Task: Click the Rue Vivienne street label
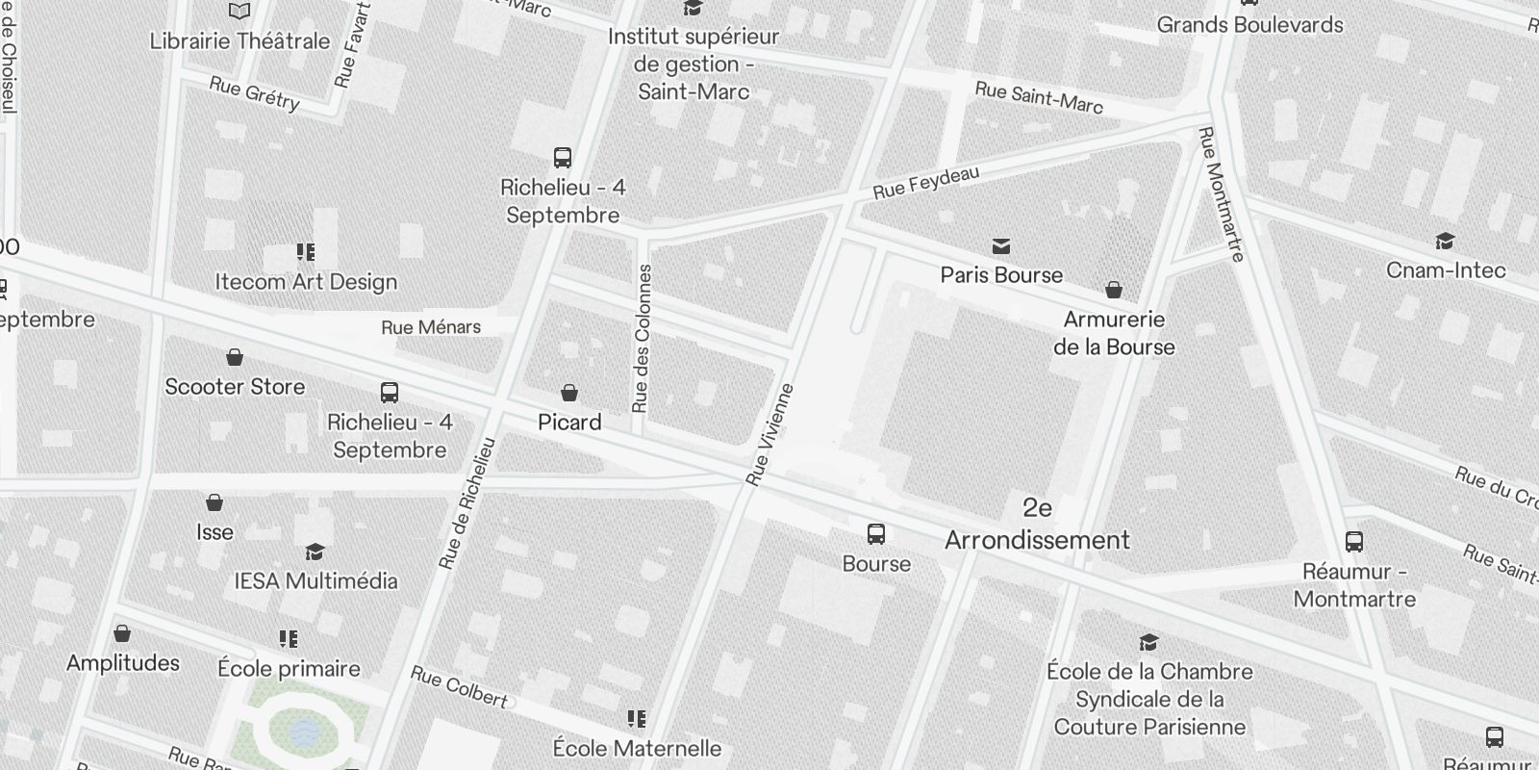[x=771, y=434]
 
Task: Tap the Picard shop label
[x=569, y=423]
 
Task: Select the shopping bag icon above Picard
[x=569, y=393]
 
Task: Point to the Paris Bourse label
[x=1001, y=275]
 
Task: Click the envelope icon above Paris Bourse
[x=1001, y=246]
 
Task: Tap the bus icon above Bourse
[x=876, y=534]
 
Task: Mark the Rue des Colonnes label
[x=643, y=339]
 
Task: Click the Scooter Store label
[x=235, y=387]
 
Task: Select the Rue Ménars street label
[x=431, y=327]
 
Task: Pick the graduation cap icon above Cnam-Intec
[x=1445, y=241]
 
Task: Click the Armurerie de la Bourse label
[x=1114, y=333]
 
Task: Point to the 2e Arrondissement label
[x=1037, y=524]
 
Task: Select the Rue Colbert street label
[x=459, y=687]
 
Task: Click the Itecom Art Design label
[x=306, y=282]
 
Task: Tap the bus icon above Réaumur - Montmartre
[x=1354, y=542]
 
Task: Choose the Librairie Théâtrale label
[x=240, y=41]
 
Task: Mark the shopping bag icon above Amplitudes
[x=122, y=633]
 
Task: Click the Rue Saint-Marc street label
[x=1039, y=97]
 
